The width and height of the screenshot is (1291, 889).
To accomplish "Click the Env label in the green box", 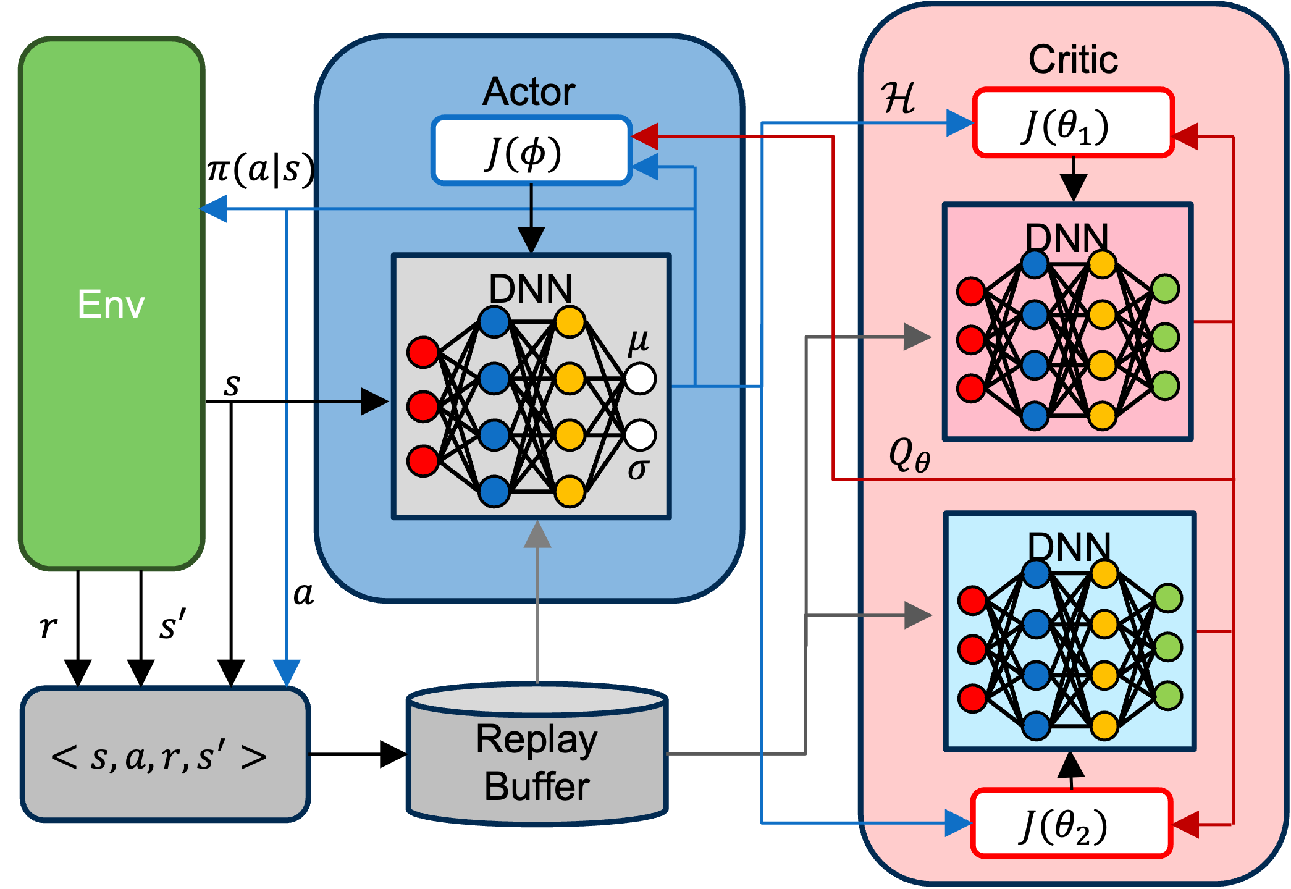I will click(111, 305).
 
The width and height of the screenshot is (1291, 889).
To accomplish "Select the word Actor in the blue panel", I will click(529, 92).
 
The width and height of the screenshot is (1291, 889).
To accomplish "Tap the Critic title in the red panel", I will click(1073, 60).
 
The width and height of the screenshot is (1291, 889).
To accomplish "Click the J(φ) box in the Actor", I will click(531, 151).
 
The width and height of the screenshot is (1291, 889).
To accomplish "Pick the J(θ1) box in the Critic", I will click(1073, 123).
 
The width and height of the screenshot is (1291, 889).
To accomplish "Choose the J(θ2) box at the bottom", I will click(1071, 824).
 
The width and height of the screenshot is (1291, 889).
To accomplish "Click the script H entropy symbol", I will click(899, 98).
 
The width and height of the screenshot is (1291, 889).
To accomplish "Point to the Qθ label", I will click(909, 456).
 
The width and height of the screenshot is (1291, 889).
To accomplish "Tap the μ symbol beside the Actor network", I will click(639, 341).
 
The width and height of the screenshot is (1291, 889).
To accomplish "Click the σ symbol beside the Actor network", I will click(637, 470).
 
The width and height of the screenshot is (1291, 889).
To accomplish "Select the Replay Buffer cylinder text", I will click(537, 762).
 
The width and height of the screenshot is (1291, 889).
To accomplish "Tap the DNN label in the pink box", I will click(1067, 237).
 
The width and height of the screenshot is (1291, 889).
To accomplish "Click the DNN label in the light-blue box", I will click(1069, 546).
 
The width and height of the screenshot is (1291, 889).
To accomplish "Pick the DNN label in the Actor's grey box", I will click(531, 289).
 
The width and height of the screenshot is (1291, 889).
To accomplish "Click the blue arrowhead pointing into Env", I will click(214, 209).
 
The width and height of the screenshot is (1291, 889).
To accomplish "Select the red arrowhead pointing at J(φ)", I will click(644, 137).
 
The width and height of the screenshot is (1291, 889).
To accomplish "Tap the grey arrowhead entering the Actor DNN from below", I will click(537, 535).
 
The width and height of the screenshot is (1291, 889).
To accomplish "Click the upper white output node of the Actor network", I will click(641, 379).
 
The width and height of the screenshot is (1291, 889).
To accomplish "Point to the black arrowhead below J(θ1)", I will click(1074, 188).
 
